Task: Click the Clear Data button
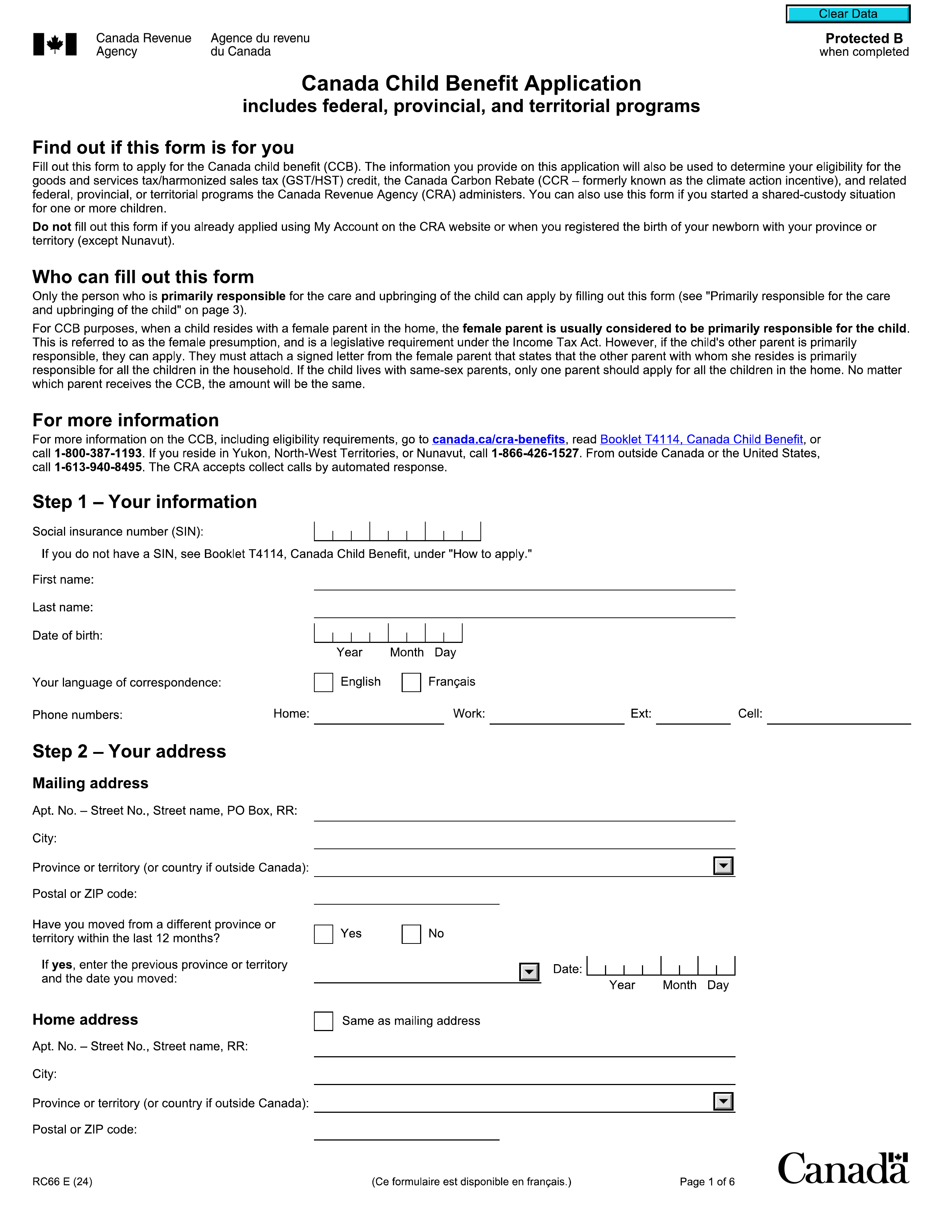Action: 848,14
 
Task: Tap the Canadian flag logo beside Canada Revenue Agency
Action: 55,44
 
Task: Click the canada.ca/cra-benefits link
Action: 498,439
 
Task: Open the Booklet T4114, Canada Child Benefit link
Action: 701,439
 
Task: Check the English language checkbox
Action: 324,682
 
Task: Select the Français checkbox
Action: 411,682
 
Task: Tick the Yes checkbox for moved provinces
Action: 324,934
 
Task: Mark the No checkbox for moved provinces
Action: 411,934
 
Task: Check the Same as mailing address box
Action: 324,1021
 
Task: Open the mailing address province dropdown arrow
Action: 723,866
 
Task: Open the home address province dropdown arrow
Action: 723,1102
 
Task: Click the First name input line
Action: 524,582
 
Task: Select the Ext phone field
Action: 693,716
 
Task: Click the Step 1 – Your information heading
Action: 145,502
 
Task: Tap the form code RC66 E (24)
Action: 62,1182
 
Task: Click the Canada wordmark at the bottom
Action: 843,1169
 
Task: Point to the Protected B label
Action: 863,38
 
